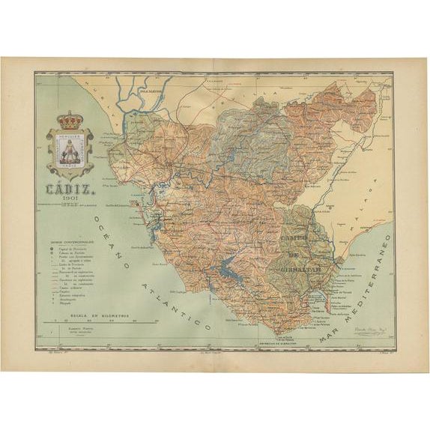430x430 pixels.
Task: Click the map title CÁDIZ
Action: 71,170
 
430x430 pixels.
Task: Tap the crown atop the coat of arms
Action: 72,121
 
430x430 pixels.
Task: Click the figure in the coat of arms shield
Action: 72,147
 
